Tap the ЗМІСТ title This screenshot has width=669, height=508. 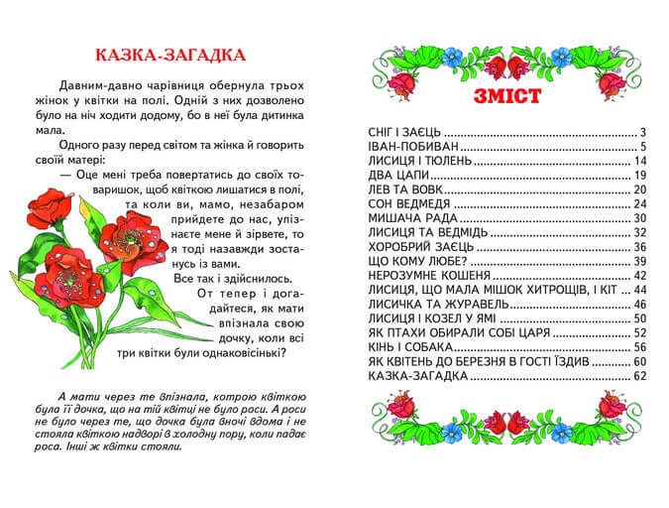click(506, 96)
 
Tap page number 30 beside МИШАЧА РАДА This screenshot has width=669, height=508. click(639, 217)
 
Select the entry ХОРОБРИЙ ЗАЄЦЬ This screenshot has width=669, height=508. click(420, 246)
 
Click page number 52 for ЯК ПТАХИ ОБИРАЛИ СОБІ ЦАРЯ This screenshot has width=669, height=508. click(639, 333)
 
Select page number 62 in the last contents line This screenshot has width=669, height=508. click(639, 376)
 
